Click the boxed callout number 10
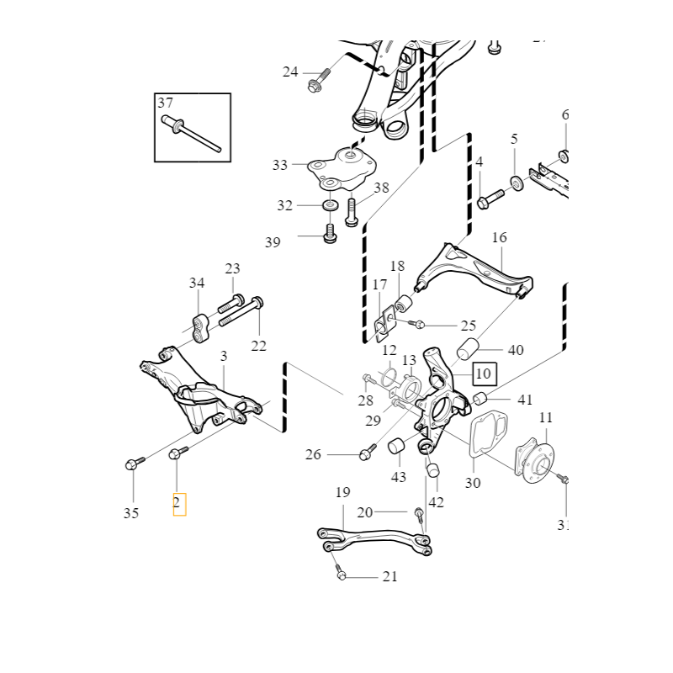483,372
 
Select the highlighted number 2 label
179,504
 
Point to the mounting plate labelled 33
342,168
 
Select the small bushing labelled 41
480,398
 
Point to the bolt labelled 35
135,462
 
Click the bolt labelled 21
341,574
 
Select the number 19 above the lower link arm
342,492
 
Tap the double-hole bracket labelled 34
200,328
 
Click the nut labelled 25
419,325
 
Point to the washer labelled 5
516,182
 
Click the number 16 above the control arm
500,238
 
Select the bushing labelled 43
397,447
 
